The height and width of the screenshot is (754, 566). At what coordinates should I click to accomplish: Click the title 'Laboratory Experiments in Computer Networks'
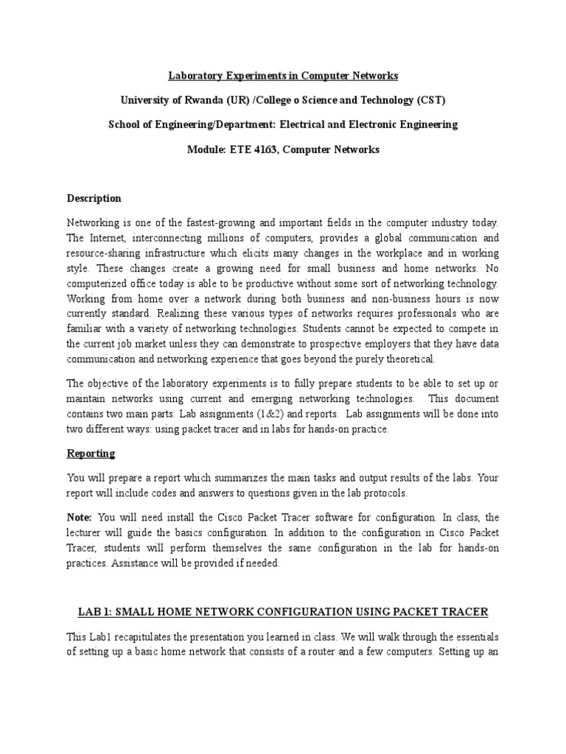tap(283, 75)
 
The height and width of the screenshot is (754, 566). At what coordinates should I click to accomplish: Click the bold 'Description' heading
tap(94, 199)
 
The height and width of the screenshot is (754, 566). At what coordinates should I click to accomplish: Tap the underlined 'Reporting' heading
tap(91, 453)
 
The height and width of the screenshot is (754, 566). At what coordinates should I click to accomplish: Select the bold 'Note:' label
tap(80, 518)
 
